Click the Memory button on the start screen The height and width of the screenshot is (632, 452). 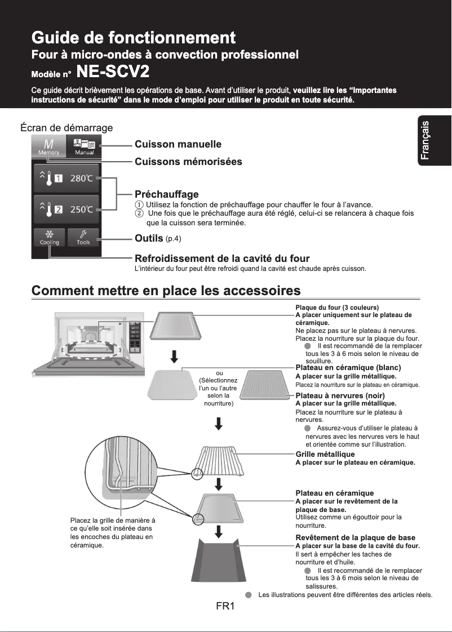point(48,147)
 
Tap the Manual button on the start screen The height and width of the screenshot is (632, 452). point(84,147)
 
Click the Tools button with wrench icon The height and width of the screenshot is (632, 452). point(83,237)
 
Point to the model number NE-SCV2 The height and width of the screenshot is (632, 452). point(113,72)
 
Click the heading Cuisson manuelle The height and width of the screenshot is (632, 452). point(178,145)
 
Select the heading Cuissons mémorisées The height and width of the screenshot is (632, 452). point(188,162)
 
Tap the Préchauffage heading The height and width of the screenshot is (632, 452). point(166,194)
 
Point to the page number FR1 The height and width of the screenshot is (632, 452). point(225,607)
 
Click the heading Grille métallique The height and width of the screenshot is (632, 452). point(325,454)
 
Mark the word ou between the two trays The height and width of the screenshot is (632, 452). point(219,373)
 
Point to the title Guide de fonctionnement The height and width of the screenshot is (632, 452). point(134,38)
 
